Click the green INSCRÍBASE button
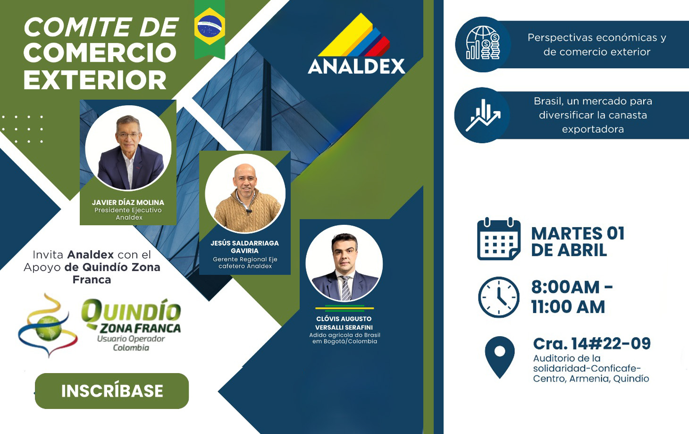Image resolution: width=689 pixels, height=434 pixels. [x=112, y=391]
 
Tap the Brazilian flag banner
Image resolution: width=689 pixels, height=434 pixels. [x=210, y=29]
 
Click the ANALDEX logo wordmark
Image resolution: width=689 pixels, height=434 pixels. [x=356, y=67]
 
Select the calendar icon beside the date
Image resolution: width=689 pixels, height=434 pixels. [x=499, y=239]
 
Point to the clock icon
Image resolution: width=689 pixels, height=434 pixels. [x=499, y=297]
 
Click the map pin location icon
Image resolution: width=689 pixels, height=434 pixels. [x=499, y=357]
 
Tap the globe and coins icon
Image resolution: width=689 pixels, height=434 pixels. [x=483, y=43]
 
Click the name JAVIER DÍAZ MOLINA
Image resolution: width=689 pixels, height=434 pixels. [x=128, y=203]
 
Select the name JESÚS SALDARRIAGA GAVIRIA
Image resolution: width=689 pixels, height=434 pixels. [x=245, y=247]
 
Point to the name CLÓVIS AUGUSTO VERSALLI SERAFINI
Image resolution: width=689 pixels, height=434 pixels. [x=344, y=323]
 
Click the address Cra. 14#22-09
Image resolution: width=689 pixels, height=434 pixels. [x=592, y=343]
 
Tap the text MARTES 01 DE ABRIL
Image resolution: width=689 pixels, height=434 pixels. [x=578, y=242]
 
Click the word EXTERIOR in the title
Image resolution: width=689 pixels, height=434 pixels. [x=95, y=80]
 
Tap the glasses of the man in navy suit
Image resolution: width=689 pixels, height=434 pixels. [x=128, y=135]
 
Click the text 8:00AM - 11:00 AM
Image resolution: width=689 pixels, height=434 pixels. [x=571, y=297]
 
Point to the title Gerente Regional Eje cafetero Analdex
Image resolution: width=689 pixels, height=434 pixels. [x=245, y=263]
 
